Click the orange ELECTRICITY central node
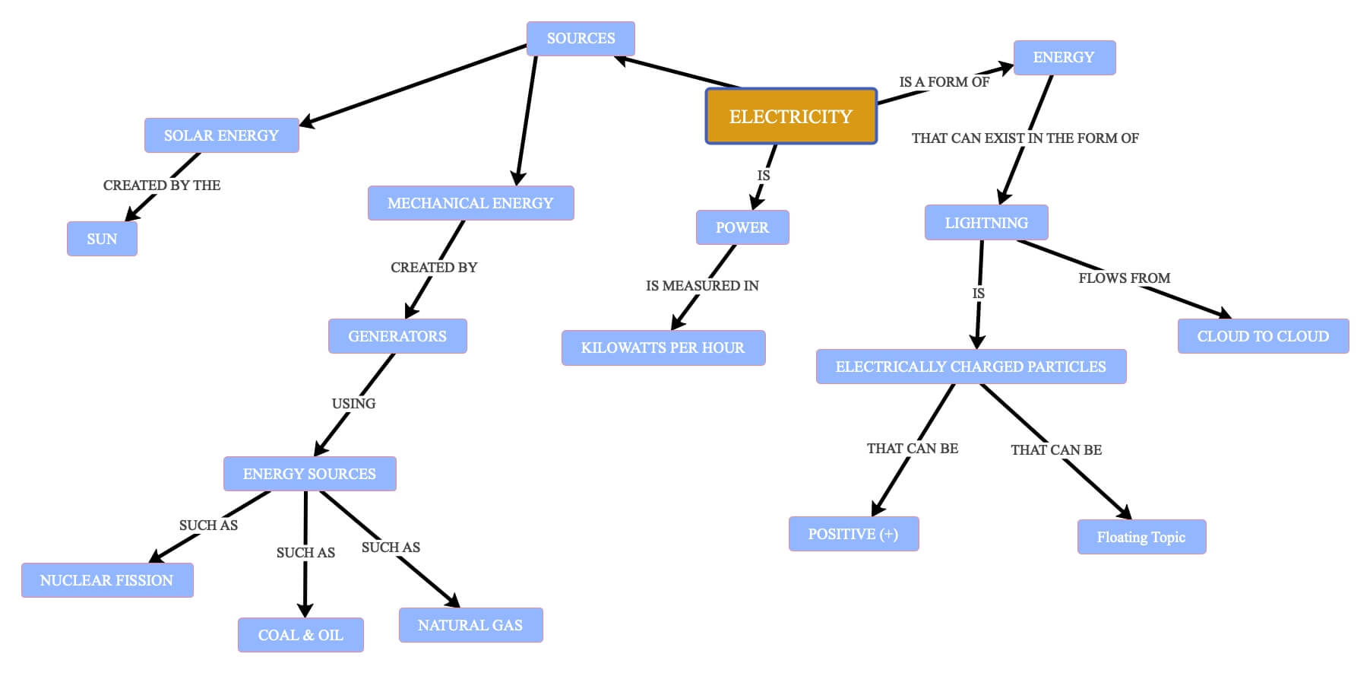click(x=791, y=116)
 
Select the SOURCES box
click(x=581, y=39)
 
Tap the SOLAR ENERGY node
click(x=221, y=135)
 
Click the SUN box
click(x=102, y=239)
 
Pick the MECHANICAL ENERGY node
click(x=470, y=203)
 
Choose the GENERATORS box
click(x=397, y=336)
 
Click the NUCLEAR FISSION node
click(x=107, y=580)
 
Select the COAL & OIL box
click(x=300, y=635)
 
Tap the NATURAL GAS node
click(x=470, y=625)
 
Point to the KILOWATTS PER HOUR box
click(x=663, y=348)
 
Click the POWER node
click(x=742, y=227)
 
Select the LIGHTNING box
click(x=986, y=223)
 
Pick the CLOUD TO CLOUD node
click(x=1263, y=336)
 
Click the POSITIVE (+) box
click(x=853, y=534)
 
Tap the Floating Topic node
click(x=1141, y=537)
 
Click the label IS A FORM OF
click(x=944, y=82)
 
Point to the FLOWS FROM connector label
click(x=1125, y=278)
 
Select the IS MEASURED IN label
click(x=702, y=286)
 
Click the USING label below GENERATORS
click(x=353, y=404)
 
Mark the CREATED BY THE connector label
click(x=162, y=186)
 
